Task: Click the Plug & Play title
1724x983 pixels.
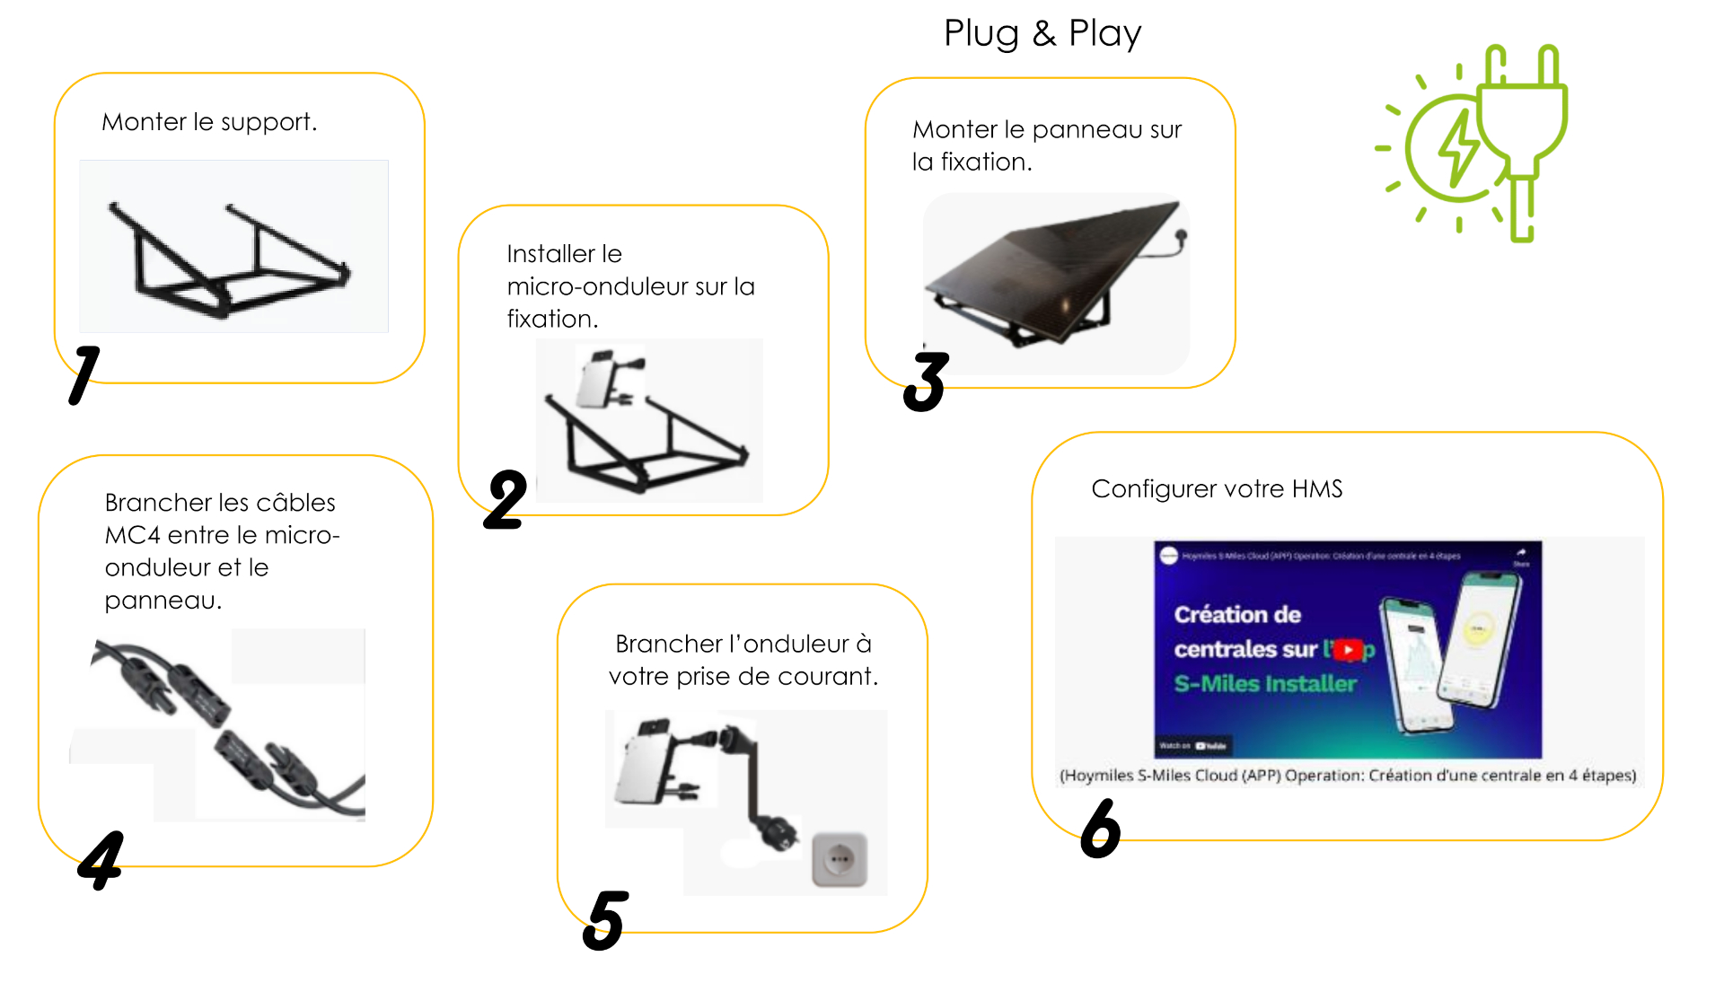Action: [x=1042, y=33]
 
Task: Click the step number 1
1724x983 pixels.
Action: [x=84, y=374]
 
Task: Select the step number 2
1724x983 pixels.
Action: [x=506, y=500]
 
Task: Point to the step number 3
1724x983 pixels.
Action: [x=926, y=382]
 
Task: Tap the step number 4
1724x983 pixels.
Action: [x=101, y=859]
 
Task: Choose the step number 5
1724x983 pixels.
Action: [x=605, y=920]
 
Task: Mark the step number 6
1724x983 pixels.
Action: [x=1100, y=829]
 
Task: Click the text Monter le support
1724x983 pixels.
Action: [x=209, y=122]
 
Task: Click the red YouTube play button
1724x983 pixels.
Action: [x=1348, y=650]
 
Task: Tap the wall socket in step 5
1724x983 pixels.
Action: [x=840, y=859]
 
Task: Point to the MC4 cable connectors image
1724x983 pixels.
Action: [x=224, y=727]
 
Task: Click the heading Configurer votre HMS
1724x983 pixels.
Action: [x=1217, y=489]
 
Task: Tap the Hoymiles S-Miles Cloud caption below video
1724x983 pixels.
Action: [x=1347, y=776]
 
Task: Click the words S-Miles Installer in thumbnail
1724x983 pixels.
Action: [x=1264, y=684]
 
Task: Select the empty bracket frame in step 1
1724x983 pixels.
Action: [x=229, y=260]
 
